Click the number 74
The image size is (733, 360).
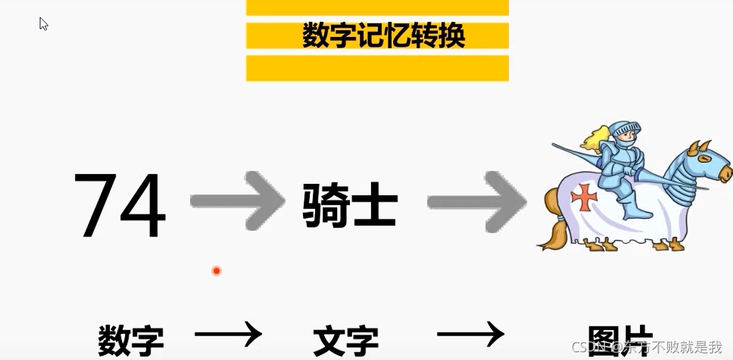tap(119, 205)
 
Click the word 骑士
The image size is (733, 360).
tap(349, 204)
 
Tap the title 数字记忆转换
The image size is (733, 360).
tap(383, 36)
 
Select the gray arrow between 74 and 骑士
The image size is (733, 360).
tap(238, 202)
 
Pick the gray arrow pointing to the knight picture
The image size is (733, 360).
tap(477, 202)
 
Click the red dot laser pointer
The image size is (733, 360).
tap(216, 271)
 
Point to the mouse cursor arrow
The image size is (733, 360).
tap(43, 23)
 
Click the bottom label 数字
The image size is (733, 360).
tap(131, 340)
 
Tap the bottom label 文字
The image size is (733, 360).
tap(346, 340)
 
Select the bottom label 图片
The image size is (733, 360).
tap(619, 339)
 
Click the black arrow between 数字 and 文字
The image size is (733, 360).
tap(228, 333)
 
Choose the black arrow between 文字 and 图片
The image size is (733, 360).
tap(470, 333)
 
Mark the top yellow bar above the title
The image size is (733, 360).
tap(377, 7)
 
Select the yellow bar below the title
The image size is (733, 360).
tap(377, 68)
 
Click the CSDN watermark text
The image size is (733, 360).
tap(646, 347)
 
